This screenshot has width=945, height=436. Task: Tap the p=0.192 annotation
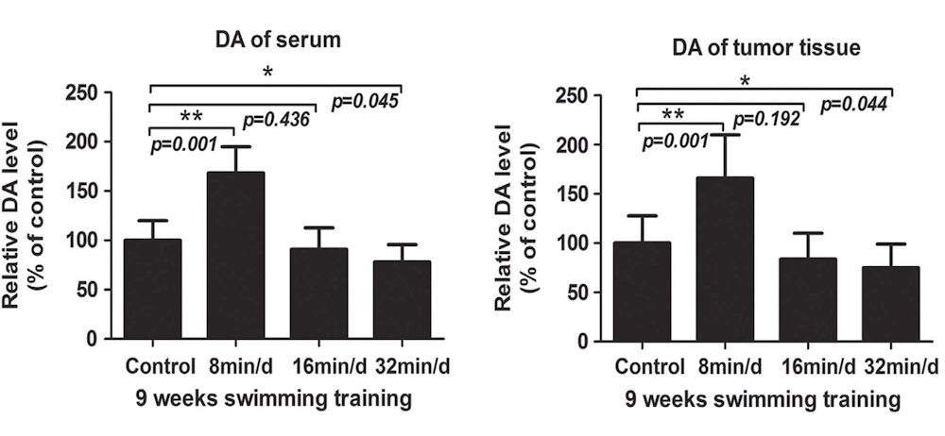pyautogui.click(x=767, y=120)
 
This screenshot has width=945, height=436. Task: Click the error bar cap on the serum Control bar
pyautogui.click(x=152, y=221)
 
